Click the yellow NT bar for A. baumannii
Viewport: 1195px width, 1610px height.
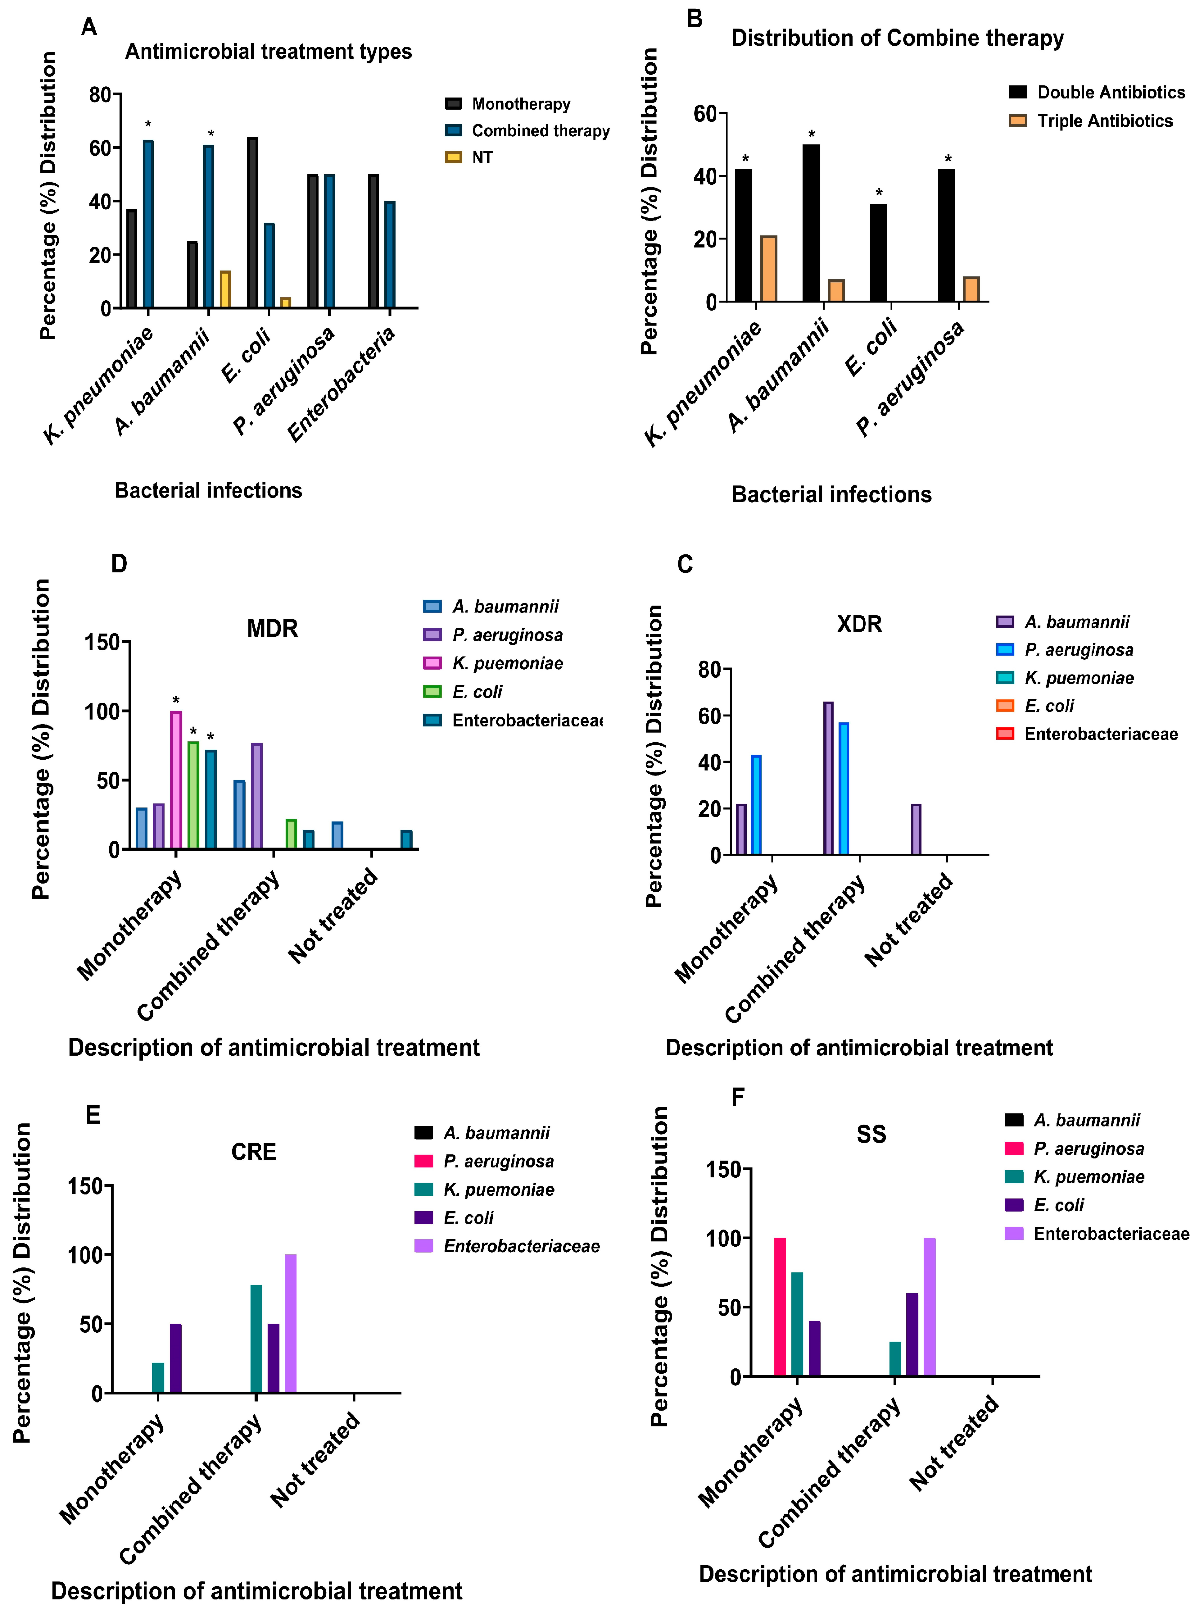coord(225,289)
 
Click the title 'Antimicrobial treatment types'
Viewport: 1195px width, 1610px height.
coord(268,52)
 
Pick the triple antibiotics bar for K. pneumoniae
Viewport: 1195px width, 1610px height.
coord(768,269)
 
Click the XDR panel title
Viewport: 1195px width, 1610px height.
coord(859,624)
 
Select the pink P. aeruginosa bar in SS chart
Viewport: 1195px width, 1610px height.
coord(780,1308)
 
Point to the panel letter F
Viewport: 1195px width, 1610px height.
coord(738,1098)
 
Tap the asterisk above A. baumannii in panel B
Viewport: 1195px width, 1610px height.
coord(812,134)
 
